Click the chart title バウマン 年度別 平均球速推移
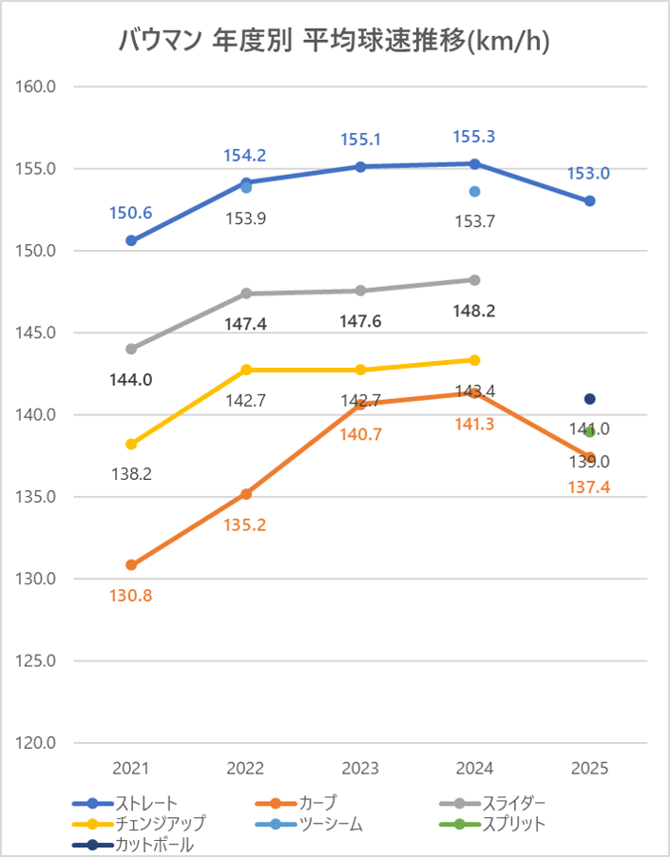click(x=335, y=41)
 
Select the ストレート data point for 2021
click(x=131, y=240)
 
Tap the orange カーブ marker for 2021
click(x=131, y=565)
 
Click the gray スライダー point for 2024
click(x=475, y=279)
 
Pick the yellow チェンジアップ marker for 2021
click(x=131, y=444)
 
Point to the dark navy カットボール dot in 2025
click(x=590, y=399)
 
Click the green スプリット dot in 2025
click(x=590, y=431)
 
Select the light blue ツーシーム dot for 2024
click(x=475, y=192)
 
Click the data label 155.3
click(x=475, y=136)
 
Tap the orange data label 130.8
click(x=131, y=596)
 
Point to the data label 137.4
click(x=590, y=486)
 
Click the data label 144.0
click(x=131, y=379)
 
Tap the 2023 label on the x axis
click(x=360, y=769)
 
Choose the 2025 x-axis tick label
click(x=590, y=769)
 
